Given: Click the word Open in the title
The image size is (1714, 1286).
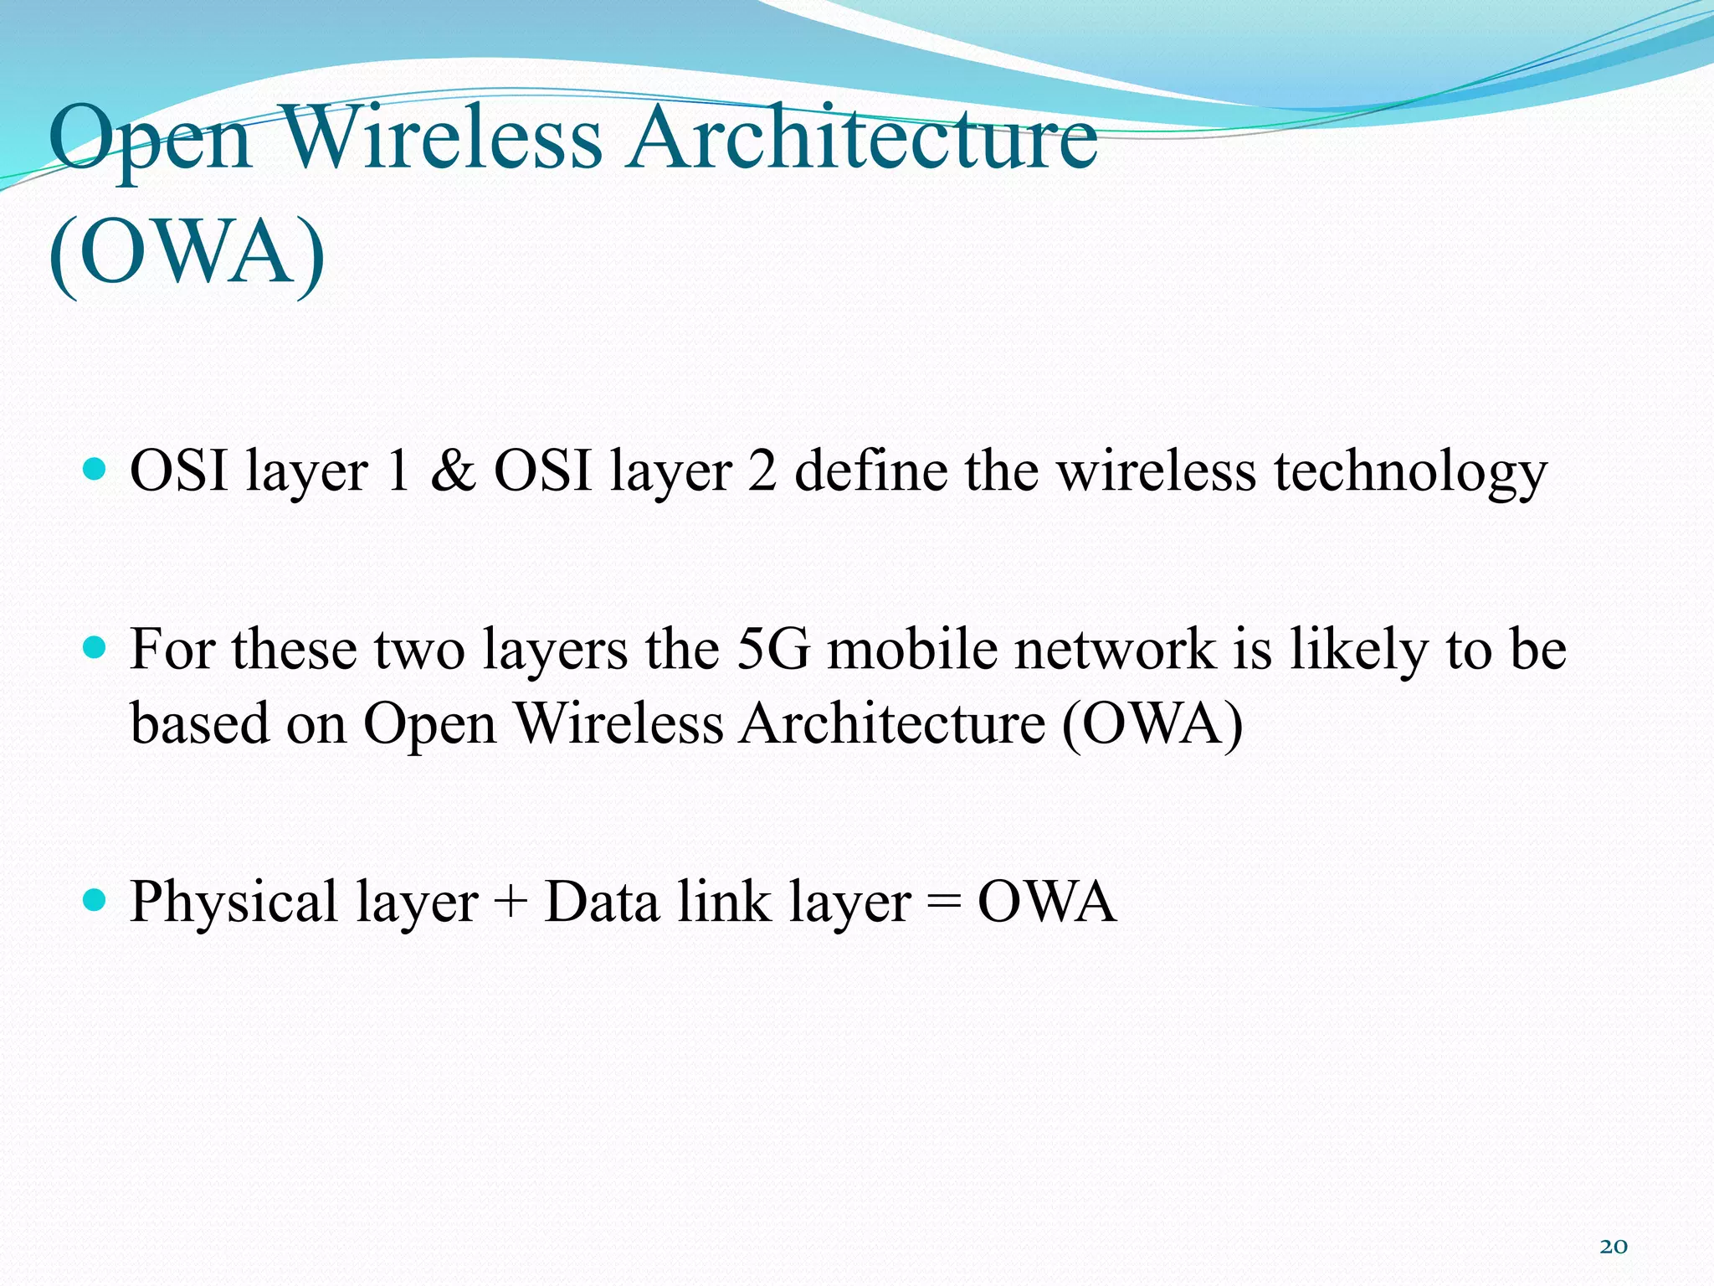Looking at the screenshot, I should [151, 138].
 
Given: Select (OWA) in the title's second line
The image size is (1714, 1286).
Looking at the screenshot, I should [187, 253].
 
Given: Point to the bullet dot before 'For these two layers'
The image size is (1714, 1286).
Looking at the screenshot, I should [96, 647].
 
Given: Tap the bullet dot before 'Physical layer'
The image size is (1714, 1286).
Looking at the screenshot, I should [96, 900].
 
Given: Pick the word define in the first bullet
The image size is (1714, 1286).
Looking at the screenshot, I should [870, 471].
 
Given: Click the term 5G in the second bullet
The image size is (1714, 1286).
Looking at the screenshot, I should [772, 650].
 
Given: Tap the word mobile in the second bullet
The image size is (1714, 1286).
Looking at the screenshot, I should [913, 650].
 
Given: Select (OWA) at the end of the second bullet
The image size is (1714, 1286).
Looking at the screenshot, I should [1152, 723].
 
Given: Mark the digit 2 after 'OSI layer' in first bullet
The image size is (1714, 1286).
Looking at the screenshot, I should [762, 471].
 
